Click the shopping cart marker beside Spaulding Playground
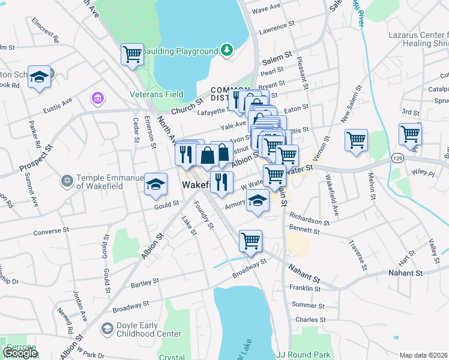point(132,54)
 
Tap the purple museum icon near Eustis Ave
point(97,97)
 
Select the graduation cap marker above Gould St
point(156,184)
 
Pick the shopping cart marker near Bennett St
point(251,241)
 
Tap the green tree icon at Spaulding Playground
point(226,49)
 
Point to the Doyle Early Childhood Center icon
point(107,328)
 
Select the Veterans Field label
point(157,94)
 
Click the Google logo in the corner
point(20,353)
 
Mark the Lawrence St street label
point(278,28)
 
